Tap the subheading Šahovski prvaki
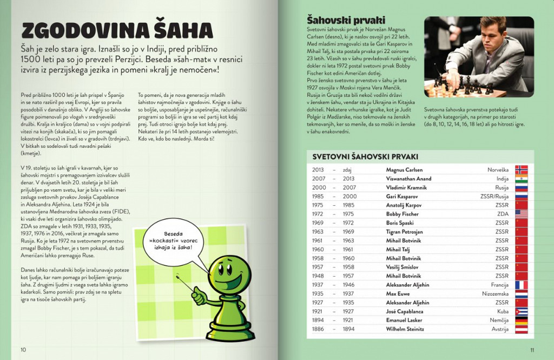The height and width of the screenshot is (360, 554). [x=339, y=19]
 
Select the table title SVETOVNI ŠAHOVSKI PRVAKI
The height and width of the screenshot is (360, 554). [x=365, y=156]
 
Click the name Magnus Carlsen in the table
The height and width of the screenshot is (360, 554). [x=405, y=169]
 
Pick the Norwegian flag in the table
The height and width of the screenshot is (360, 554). [x=521, y=169]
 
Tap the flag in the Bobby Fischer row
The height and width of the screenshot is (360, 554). [x=521, y=214]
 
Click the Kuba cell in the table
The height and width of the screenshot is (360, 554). [x=503, y=311]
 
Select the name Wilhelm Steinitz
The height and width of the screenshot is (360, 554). [x=405, y=329]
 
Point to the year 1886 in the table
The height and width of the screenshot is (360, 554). [x=318, y=329]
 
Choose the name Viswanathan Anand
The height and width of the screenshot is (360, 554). [x=408, y=179]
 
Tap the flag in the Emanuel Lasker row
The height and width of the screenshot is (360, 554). [x=521, y=320]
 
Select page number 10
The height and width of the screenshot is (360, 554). [x=23, y=349]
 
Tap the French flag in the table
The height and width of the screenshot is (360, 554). [x=521, y=285]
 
